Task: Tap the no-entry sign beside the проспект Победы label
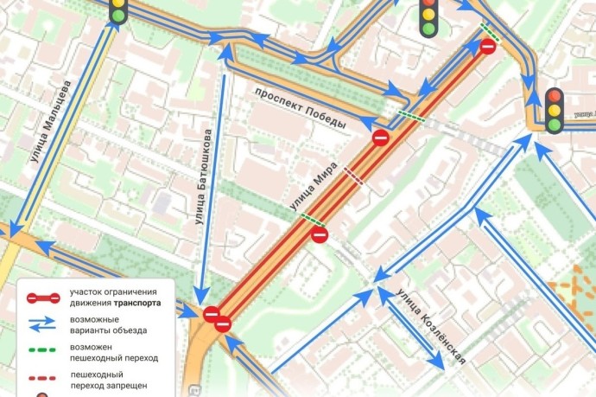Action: pyautogui.click(x=380, y=138)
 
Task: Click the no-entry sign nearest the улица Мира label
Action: pyautogui.click(x=320, y=234)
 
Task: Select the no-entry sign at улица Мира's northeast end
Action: pyautogui.click(x=488, y=46)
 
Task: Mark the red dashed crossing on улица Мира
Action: pyautogui.click(x=354, y=177)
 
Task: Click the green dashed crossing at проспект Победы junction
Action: pyautogui.click(x=409, y=114)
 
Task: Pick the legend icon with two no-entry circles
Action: pyautogui.click(x=43, y=298)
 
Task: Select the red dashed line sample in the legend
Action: pyautogui.click(x=43, y=379)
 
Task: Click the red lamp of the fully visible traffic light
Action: pyautogui.click(x=554, y=94)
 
